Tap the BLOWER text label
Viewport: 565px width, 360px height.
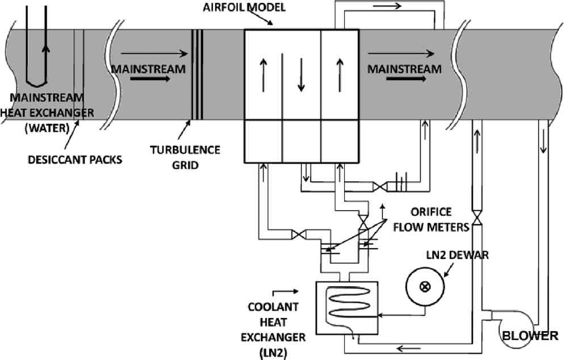pos(530,336)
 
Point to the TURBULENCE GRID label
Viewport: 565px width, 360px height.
pos(185,156)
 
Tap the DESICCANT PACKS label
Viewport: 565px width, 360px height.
pos(75,160)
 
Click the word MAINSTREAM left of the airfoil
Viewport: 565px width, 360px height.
pos(149,69)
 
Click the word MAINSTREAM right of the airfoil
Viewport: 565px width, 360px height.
pos(404,69)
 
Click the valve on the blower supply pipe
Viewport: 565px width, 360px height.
pos(478,219)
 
